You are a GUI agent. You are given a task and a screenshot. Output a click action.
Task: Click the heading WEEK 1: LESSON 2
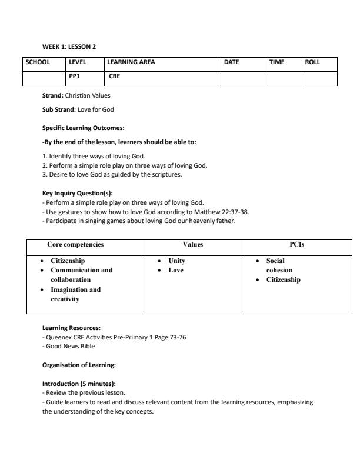(x=69, y=46)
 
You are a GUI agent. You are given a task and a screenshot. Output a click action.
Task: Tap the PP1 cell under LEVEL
(x=75, y=76)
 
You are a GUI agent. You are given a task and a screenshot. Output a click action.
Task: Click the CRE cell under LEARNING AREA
(x=114, y=76)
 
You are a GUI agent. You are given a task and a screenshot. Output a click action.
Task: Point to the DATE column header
(x=232, y=62)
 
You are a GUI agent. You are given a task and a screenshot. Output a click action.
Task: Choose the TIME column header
(x=276, y=62)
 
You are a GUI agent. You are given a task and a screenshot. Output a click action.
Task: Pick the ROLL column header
(x=312, y=62)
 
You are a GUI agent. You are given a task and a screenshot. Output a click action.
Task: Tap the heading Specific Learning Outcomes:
(x=83, y=128)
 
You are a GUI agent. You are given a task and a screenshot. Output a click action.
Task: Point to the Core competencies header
(x=75, y=244)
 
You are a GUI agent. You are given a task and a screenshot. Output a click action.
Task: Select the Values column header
(x=192, y=244)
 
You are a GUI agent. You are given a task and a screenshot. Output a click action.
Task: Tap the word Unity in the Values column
(x=176, y=261)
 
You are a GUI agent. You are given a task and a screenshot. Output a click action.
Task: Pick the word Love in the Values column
(x=176, y=270)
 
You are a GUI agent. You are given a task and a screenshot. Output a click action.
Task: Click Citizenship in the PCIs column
(x=283, y=279)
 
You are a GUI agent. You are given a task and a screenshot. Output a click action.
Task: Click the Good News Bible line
(x=70, y=346)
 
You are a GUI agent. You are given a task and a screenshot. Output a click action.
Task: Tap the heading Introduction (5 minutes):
(x=79, y=384)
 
